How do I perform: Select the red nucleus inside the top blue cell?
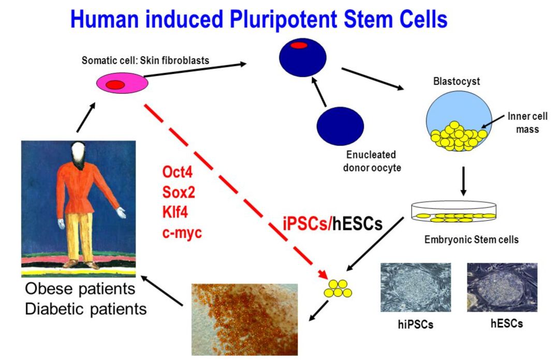tap(299, 46)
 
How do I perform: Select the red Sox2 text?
tap(179, 191)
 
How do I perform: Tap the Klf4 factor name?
tap(176, 212)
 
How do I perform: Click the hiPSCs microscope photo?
tap(416, 287)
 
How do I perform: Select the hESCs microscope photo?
tap(502, 287)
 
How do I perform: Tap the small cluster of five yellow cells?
tap(337, 289)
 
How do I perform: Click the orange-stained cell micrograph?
tap(244, 318)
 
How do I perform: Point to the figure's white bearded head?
tap(80, 151)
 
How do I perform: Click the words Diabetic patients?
tap(86, 309)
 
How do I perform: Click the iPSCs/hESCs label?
tap(333, 223)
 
